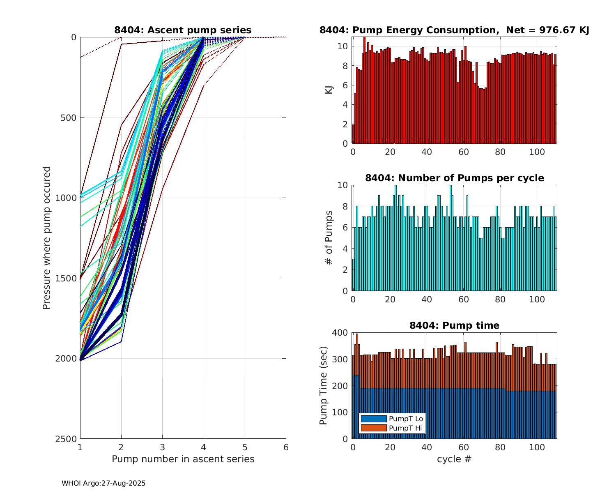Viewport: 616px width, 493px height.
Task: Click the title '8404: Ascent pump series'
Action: pos(183,30)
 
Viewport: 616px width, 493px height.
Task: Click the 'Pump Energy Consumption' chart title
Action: pos(454,30)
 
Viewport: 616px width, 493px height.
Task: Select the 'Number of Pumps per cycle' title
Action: pos(454,178)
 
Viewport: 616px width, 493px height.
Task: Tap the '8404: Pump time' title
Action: pos(454,325)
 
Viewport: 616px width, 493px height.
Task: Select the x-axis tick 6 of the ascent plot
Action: pos(286,447)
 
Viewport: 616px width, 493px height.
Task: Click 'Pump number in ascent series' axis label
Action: pos(183,459)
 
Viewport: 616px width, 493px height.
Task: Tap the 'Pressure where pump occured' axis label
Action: pos(46,238)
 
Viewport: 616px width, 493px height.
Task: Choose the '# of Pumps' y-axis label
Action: pos(329,238)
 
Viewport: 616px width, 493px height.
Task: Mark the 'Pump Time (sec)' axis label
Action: pos(324,386)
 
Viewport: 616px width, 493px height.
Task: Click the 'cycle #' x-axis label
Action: pos(454,459)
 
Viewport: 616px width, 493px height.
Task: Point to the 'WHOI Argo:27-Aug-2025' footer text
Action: pos(103,484)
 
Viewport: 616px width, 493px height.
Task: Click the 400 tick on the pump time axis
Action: pos(340,333)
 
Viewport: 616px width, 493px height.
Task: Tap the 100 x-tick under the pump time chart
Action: pos(537,447)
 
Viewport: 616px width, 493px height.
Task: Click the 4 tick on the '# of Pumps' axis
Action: pos(345,249)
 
